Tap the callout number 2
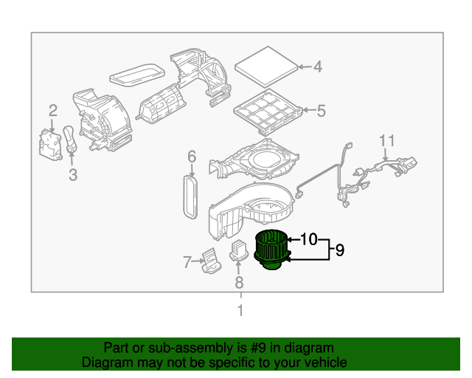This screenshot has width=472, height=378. pyautogui.click(x=53, y=111)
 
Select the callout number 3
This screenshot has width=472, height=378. pyautogui.click(x=72, y=175)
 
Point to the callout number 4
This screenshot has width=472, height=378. pyautogui.click(x=317, y=67)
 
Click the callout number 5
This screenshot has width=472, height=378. pyautogui.click(x=321, y=111)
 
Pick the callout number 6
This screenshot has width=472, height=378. pyautogui.click(x=191, y=156)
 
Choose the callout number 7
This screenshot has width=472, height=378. pyautogui.click(x=187, y=261)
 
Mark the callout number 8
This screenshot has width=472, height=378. pyautogui.click(x=238, y=282)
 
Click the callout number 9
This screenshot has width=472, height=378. pyautogui.click(x=340, y=250)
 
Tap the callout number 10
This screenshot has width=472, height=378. pyautogui.click(x=309, y=239)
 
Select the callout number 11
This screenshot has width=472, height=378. pyautogui.click(x=387, y=140)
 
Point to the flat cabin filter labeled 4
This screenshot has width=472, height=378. pyautogui.click(x=265, y=64)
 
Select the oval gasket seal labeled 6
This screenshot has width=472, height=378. pyautogui.click(x=190, y=193)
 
